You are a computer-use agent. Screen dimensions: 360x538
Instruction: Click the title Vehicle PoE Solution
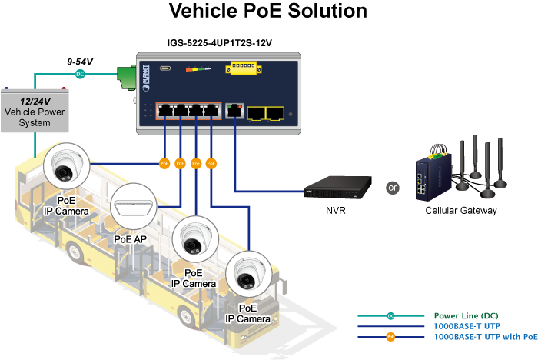[x=267, y=12]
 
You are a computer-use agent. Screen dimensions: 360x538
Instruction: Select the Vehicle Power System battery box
[x=35, y=110]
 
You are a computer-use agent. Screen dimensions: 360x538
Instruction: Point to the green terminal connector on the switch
[x=125, y=75]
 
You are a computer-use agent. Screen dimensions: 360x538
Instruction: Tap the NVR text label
[x=335, y=210]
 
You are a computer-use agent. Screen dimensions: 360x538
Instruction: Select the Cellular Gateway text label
[x=461, y=210]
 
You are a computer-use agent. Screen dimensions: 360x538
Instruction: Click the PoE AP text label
[x=130, y=239]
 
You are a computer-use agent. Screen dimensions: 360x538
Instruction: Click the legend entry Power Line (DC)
[x=466, y=315]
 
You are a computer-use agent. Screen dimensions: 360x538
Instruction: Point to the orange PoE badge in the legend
[x=390, y=336]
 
